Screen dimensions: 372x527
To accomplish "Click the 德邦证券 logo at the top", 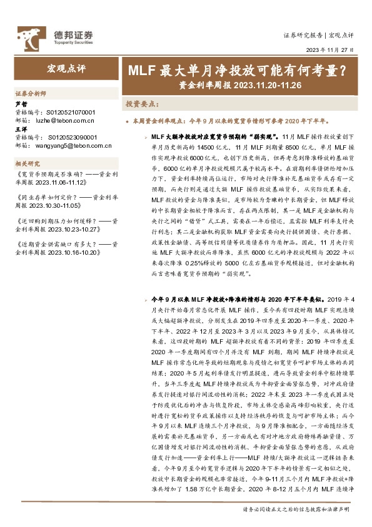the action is point(55,36).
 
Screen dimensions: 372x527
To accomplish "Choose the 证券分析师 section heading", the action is point(31,93).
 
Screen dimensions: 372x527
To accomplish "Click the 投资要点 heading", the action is point(140,103).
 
